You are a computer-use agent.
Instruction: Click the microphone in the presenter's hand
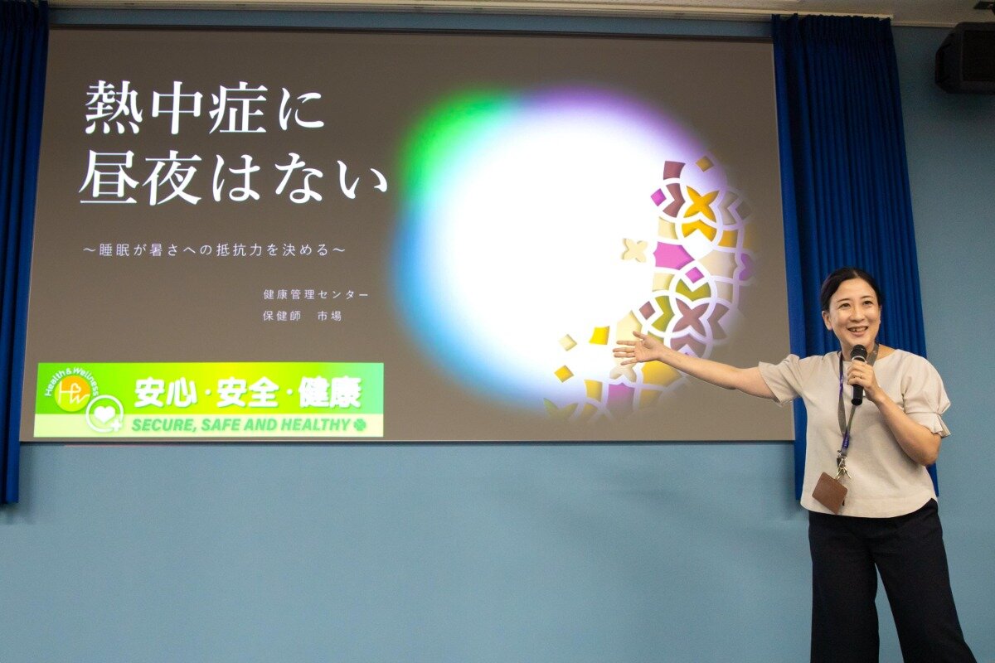tap(857, 374)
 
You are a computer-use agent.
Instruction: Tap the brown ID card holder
tap(829, 492)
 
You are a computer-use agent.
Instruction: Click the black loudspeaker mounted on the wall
tap(966, 58)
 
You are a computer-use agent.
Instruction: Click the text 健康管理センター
tap(316, 294)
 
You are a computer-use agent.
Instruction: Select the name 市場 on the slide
tap(330, 316)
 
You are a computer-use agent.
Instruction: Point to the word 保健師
tap(282, 316)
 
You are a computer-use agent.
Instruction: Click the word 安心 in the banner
tap(166, 393)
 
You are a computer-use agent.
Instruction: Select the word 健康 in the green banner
tap(330, 393)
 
